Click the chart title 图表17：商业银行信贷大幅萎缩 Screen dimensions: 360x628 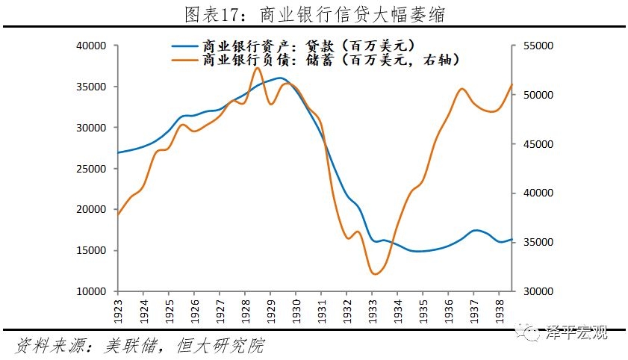[x=314, y=14]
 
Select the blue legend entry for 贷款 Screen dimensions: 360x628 [x=299, y=46]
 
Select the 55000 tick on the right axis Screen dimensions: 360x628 [x=535, y=46]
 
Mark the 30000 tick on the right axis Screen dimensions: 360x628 [x=535, y=291]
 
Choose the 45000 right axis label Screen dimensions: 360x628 [x=535, y=144]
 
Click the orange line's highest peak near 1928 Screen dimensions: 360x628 [x=257, y=68]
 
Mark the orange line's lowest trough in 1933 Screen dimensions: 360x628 [x=375, y=274]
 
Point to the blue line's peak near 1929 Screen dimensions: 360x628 [x=280, y=78]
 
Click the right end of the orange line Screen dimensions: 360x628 [x=512, y=84]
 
